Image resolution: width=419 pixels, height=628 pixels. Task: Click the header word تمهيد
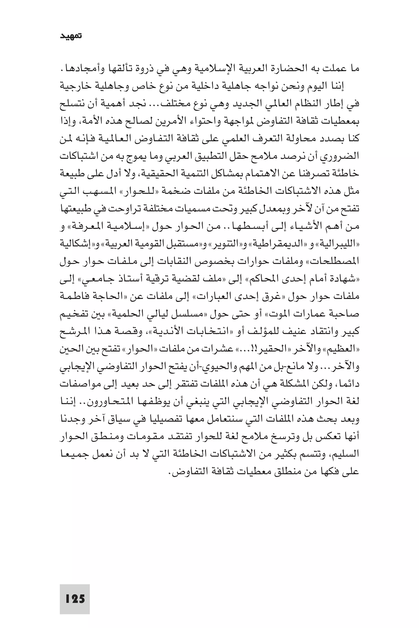[x=71, y=36]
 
